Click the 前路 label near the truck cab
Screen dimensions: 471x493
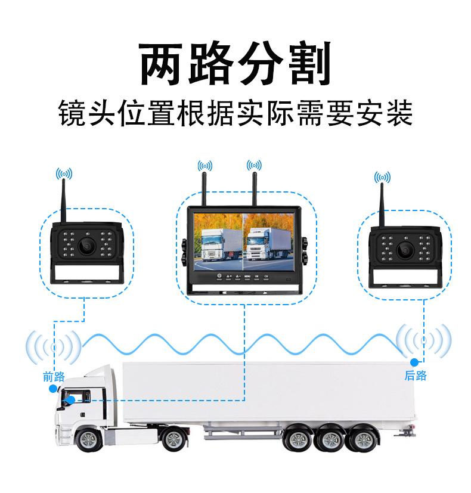point(54,376)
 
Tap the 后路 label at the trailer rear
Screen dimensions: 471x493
point(416,376)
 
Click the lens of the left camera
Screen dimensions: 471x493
point(87,246)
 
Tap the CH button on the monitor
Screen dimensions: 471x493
point(266,277)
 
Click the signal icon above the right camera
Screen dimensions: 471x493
point(382,177)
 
